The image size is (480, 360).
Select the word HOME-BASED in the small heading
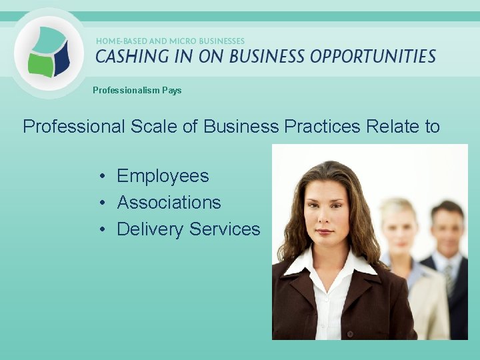tap(119, 41)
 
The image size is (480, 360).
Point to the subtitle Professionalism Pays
tap(137, 90)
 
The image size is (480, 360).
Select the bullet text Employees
tap(163, 176)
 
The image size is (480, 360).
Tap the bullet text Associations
tap(169, 203)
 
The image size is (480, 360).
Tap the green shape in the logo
tap(39, 64)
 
